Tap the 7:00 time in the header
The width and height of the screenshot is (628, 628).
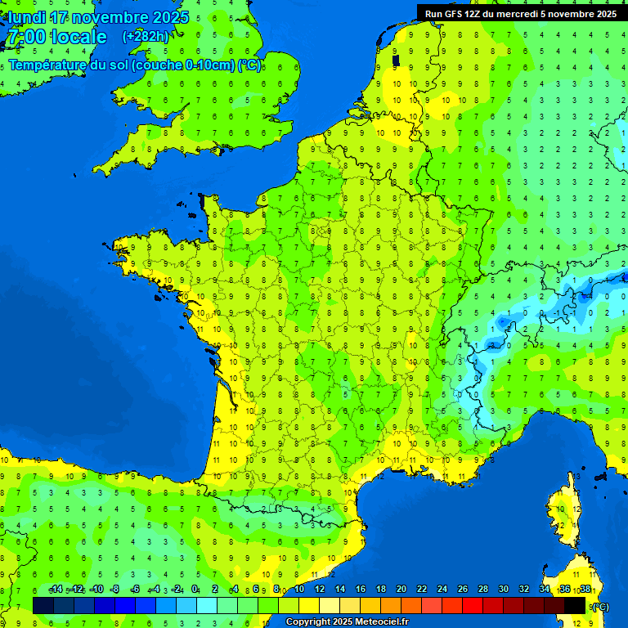point(25,37)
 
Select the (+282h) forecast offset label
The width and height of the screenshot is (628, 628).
point(146,36)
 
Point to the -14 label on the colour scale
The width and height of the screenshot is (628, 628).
point(56,590)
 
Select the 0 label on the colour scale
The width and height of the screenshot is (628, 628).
point(195,590)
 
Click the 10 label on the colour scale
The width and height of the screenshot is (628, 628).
point(299,590)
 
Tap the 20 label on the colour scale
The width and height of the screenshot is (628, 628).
point(401,590)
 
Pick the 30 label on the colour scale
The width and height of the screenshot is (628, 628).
point(503,590)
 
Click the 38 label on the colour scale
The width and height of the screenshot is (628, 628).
point(585,590)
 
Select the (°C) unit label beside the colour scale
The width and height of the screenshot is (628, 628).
point(600,607)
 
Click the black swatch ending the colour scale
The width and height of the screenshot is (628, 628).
point(575,605)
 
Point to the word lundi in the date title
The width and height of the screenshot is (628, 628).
point(27,17)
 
